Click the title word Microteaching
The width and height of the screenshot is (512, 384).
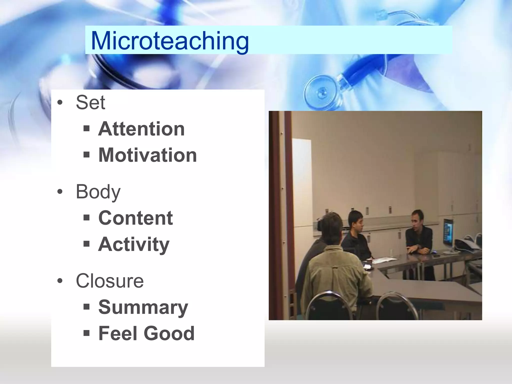pyautogui.click(x=170, y=41)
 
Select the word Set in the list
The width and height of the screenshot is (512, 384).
pyautogui.click(x=90, y=102)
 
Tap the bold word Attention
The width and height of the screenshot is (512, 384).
pyautogui.click(x=141, y=129)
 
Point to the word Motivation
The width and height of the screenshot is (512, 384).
pyautogui.click(x=147, y=155)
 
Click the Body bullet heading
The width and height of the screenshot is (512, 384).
pyautogui.click(x=98, y=192)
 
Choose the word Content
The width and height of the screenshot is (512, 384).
pyautogui.click(x=135, y=218)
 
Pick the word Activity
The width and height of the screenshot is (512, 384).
pyautogui.click(x=134, y=244)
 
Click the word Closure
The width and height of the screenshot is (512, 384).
pyautogui.click(x=110, y=281)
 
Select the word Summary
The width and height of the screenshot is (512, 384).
pyautogui.click(x=143, y=307)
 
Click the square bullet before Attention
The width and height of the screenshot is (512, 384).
pyautogui.click(x=86, y=129)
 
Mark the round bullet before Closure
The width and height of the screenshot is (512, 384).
pyautogui.click(x=60, y=281)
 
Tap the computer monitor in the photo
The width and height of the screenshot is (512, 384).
pyautogui.click(x=447, y=231)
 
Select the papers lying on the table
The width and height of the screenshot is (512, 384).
pyautogui.click(x=382, y=260)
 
